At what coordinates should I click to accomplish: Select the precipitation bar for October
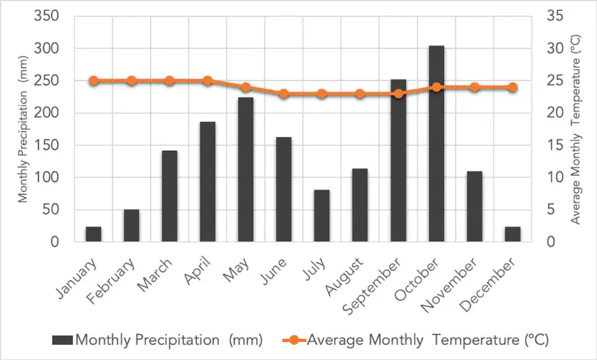pyautogui.click(x=436, y=144)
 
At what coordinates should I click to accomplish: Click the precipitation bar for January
pyautogui.click(x=93, y=234)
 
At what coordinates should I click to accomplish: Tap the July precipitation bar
pyautogui.click(x=322, y=216)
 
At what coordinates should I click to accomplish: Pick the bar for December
pyautogui.click(x=513, y=234)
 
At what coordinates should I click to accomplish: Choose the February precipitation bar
pyautogui.click(x=131, y=226)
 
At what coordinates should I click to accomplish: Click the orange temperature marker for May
pyautogui.click(x=246, y=87)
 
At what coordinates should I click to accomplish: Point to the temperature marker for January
pyautogui.click(x=93, y=81)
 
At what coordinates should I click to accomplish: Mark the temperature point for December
pyautogui.click(x=513, y=87)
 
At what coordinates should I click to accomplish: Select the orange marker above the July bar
pyautogui.click(x=322, y=94)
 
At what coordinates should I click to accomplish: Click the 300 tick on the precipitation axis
pyautogui.click(x=46, y=48)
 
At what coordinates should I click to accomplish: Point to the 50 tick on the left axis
pyautogui.click(x=50, y=209)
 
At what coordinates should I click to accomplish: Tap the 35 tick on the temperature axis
pyautogui.click(x=555, y=16)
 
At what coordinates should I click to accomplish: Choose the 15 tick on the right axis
pyautogui.click(x=555, y=145)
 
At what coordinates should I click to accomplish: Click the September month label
pyautogui.click(x=371, y=286)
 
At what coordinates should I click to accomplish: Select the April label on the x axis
pyautogui.click(x=198, y=271)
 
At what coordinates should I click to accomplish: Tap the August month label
pyautogui.click(x=344, y=276)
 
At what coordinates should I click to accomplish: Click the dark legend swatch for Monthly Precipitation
pyautogui.click(x=63, y=340)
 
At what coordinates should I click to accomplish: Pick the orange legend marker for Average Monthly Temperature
pyautogui.click(x=294, y=340)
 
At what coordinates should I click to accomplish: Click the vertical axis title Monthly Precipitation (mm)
pyautogui.click(x=23, y=129)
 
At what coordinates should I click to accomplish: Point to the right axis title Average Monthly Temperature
pyautogui.click(x=575, y=130)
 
